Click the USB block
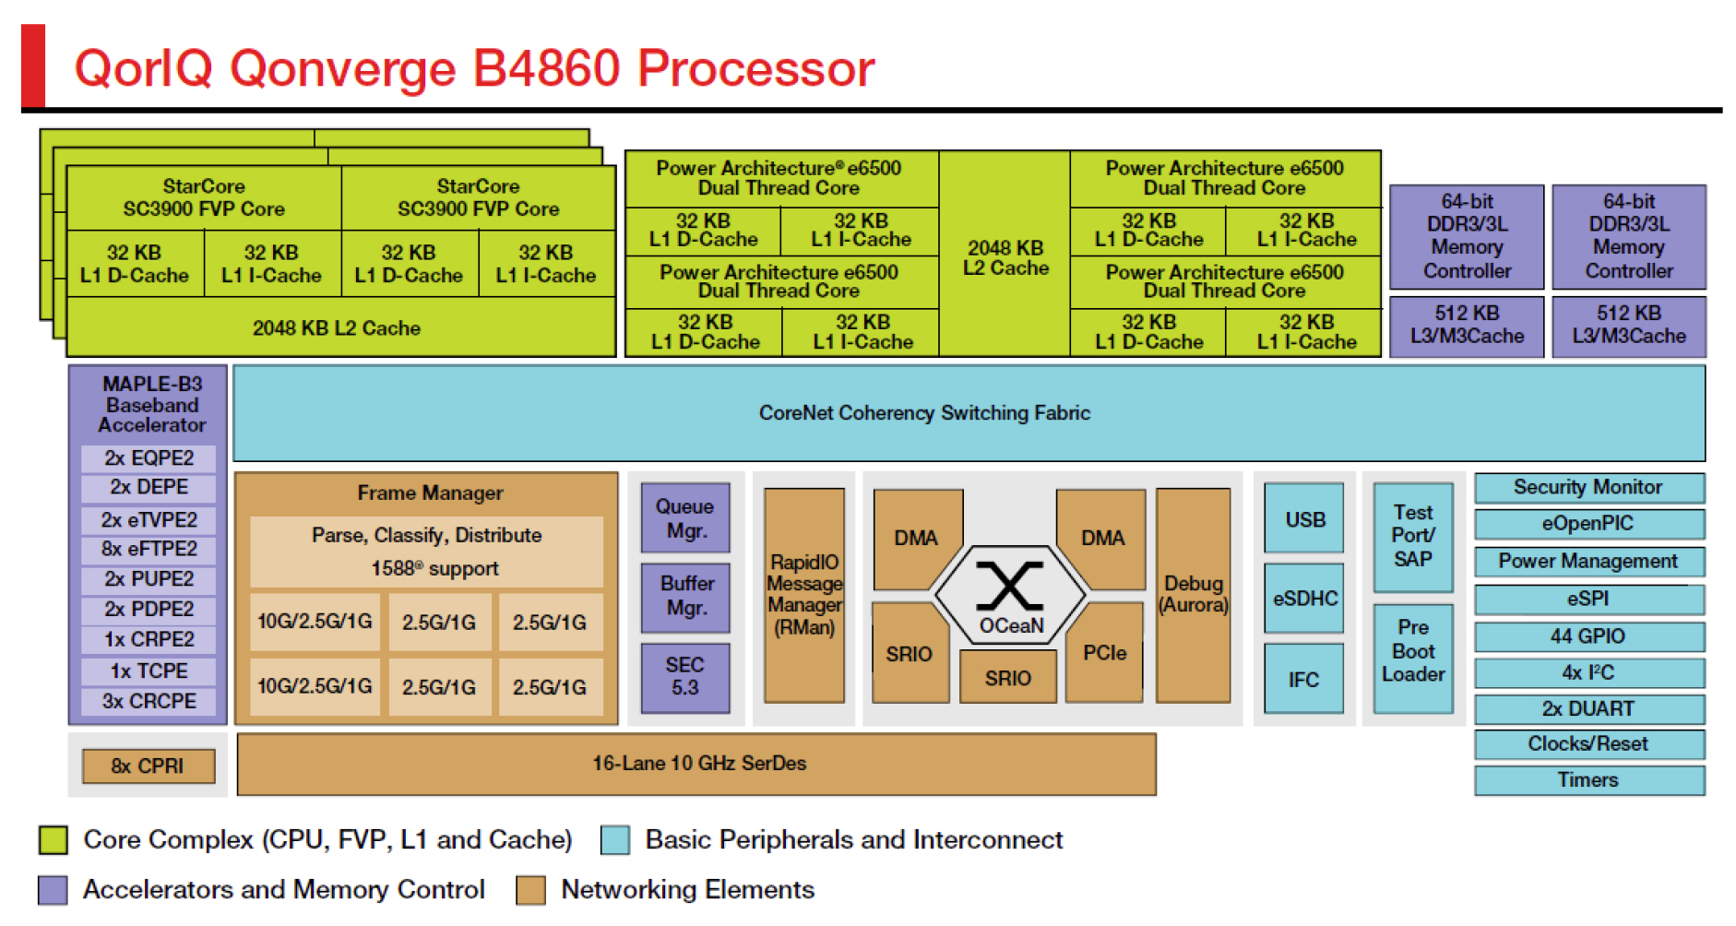point(1303,519)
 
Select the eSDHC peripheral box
point(1303,599)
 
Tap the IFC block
point(1303,679)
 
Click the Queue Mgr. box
point(684,518)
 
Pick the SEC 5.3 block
point(684,677)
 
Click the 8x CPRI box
point(148,766)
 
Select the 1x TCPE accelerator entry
point(149,671)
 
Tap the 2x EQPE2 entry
point(149,457)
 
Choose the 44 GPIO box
point(1588,636)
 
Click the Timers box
point(1588,780)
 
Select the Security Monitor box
point(1588,487)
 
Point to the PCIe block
point(1104,653)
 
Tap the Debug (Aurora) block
point(1193,595)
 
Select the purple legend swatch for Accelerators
point(53,890)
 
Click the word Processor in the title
point(755,68)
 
